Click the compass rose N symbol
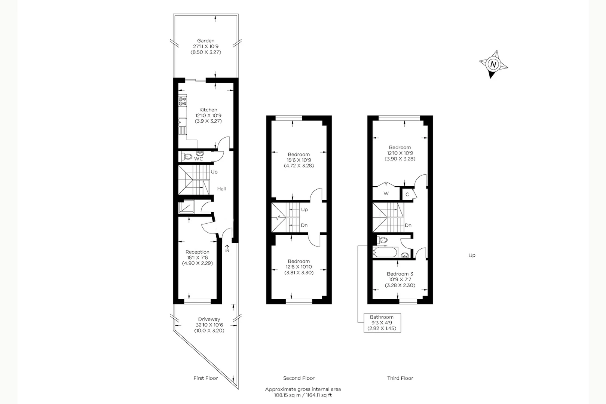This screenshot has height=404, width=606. pos(493,64)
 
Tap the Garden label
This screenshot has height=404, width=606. pos(206,41)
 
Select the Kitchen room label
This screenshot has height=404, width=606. pos(208,110)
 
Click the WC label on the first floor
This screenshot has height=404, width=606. pos(198,159)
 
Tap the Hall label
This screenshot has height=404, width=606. pos(221,189)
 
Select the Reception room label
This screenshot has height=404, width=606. pos(197,252)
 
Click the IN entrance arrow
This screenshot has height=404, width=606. pos(227,248)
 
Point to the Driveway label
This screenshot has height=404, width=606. pos(209,319)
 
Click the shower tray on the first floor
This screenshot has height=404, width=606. pos(186,207)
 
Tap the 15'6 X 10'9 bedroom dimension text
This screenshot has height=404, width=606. pos(299,160)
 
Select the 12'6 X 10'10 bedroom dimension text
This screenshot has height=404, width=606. pos(299,267)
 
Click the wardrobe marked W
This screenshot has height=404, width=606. pos(386,193)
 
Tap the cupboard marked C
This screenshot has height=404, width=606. pos(407,195)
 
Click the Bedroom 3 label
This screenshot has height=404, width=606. pos(400,274)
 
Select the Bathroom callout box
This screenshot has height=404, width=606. pos(382,323)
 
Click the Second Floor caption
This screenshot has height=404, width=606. pos(299,378)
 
